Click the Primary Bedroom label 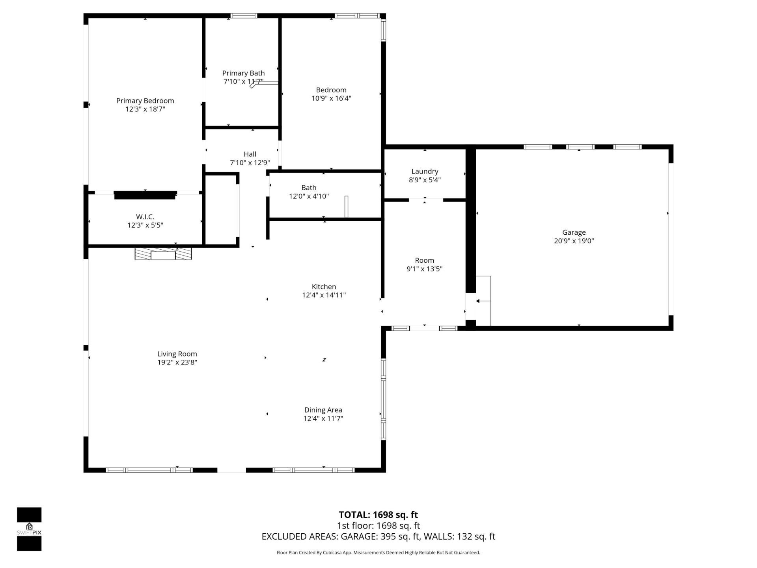coord(145,101)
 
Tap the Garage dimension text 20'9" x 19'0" coord(574,241)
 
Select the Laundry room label coord(425,172)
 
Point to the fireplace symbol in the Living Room coord(163,253)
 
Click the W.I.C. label coord(145,217)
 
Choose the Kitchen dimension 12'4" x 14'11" coord(324,295)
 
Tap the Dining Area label coord(323,410)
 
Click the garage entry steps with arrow coord(484,301)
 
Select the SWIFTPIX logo coord(29,529)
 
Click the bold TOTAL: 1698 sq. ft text coord(378,515)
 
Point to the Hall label coord(250,154)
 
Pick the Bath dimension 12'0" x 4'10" coord(309,196)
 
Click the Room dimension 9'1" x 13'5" coord(424,269)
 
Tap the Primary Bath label coord(243,73)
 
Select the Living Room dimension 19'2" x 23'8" coord(177,362)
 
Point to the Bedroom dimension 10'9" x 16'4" coord(331,98)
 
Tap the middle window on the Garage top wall coord(580,147)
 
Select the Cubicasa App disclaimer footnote coord(378,553)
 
